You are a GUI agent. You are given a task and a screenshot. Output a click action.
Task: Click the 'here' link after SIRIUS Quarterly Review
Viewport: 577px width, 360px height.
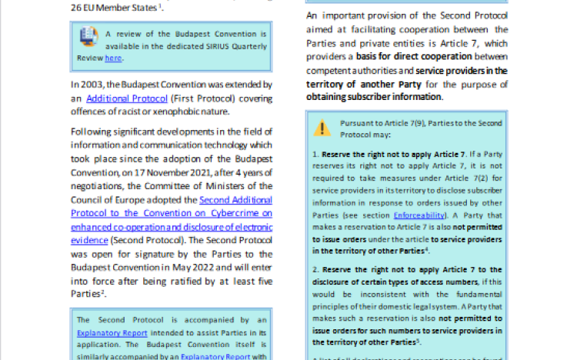[x=113, y=58]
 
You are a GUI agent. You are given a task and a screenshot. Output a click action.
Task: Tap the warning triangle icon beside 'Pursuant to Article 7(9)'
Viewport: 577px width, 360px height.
[x=324, y=125]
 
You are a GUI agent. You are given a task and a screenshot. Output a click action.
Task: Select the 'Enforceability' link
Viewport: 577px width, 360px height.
[x=419, y=217]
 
